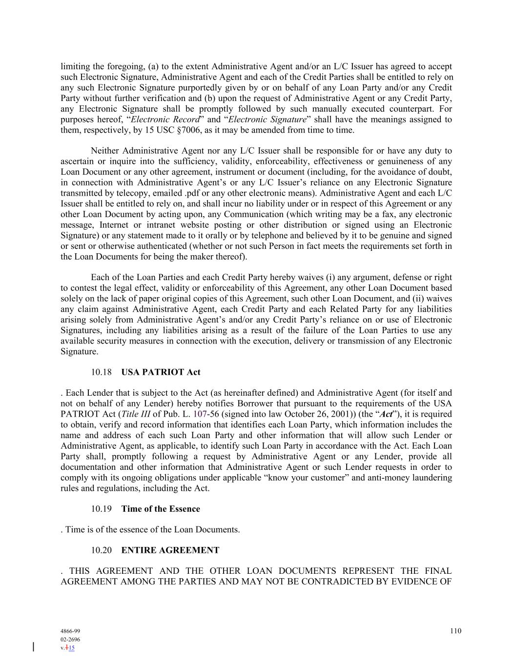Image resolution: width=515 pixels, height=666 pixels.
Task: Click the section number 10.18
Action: pyautogui.click(x=101, y=372)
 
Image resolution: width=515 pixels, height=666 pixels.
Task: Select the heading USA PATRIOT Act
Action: pyautogui.click(x=161, y=372)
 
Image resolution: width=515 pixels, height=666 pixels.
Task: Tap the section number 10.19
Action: pyautogui.click(x=101, y=509)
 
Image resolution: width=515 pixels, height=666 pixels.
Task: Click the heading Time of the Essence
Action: pyautogui.click(x=161, y=509)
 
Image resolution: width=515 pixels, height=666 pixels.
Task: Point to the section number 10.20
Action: pyautogui.click(x=101, y=550)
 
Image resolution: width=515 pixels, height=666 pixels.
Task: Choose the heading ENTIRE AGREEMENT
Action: pyautogui.click(x=170, y=550)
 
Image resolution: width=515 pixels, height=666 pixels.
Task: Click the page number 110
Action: pyautogui.click(x=455, y=631)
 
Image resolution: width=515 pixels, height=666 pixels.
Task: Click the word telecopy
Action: pyautogui.click(x=118, y=193)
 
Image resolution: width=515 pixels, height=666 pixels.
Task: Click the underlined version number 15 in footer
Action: pyautogui.click(x=72, y=648)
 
